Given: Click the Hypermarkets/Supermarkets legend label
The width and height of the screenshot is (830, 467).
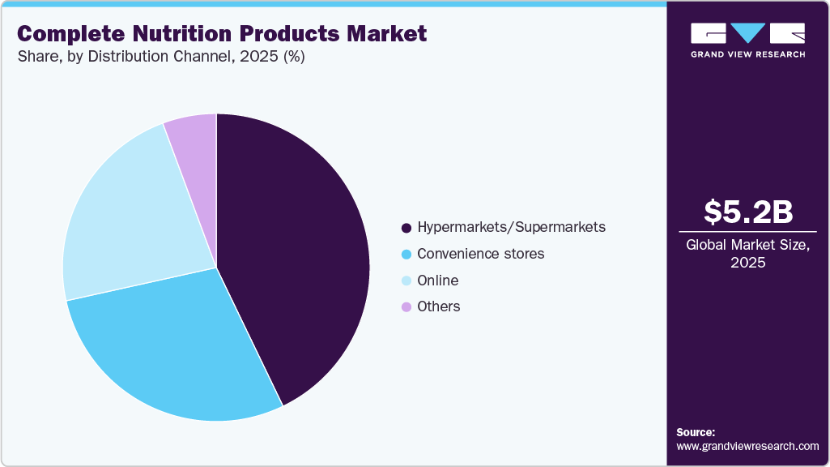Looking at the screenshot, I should (511, 227).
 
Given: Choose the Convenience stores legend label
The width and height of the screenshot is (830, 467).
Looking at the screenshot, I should (480, 254).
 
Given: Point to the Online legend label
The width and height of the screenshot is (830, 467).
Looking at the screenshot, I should (437, 281).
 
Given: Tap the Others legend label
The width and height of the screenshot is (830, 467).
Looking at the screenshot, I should (438, 306).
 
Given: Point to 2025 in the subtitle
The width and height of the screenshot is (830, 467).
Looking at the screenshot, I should (253, 58).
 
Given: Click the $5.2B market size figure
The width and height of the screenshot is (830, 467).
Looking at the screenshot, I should (747, 212).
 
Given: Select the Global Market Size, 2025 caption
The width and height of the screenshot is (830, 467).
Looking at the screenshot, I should (747, 254).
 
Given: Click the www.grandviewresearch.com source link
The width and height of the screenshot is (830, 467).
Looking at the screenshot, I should (747, 446).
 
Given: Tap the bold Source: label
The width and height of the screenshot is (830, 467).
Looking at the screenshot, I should (696, 432).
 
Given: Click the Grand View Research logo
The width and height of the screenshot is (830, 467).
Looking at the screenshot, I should (747, 39).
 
